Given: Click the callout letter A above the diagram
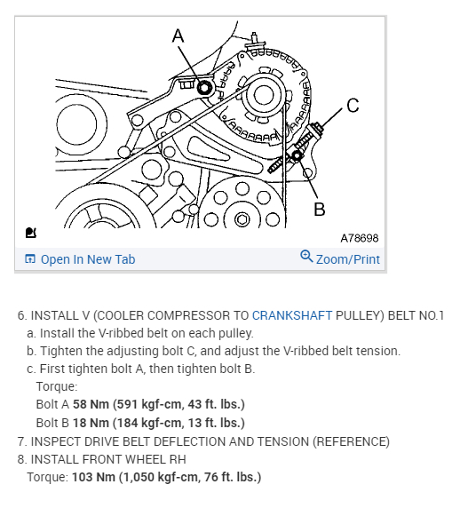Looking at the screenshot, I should tap(178, 36).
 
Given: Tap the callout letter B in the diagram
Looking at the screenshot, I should tap(319, 209).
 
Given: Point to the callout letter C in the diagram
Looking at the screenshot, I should tap(353, 107).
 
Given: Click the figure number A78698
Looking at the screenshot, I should tap(359, 238).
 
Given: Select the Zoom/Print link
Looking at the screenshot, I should tap(347, 259).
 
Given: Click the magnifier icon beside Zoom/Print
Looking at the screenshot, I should tap(306, 258).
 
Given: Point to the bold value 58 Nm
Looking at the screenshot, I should tap(89, 404).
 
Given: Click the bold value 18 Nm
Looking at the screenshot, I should tap(89, 422).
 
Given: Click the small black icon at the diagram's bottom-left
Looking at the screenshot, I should tap(31, 233).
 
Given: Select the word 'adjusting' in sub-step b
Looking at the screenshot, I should tap(124, 351).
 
